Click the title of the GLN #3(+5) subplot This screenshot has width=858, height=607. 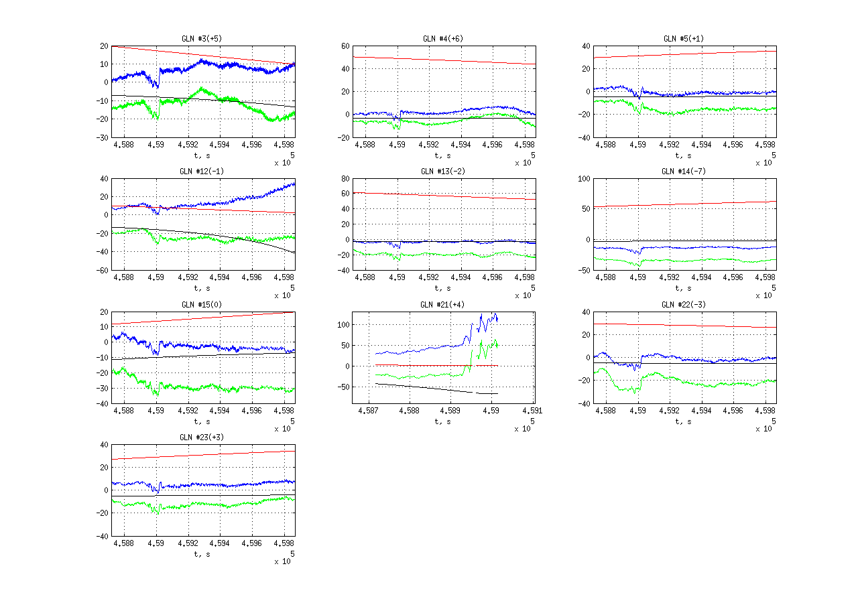(x=202, y=38)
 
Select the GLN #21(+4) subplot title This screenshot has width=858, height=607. (x=443, y=305)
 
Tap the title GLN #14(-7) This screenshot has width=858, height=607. (x=684, y=172)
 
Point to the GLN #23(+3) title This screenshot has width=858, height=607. (x=202, y=437)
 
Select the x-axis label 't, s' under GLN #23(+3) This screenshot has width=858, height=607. (x=202, y=554)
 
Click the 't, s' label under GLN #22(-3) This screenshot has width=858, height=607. (x=684, y=421)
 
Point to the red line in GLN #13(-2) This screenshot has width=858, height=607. (x=443, y=196)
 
